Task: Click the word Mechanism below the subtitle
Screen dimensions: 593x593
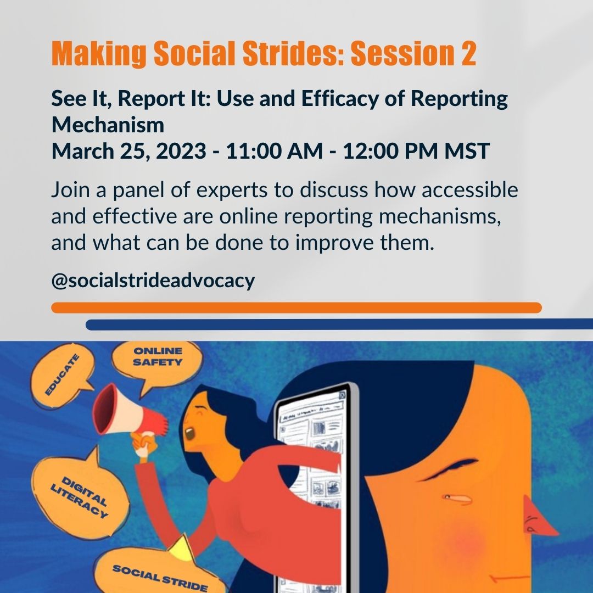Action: [108, 125]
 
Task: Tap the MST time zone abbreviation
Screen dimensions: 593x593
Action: [466, 151]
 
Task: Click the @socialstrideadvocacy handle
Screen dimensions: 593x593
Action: [153, 281]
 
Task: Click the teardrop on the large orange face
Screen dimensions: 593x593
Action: [457, 499]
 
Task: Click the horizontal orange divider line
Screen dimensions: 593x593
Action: [296, 307]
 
